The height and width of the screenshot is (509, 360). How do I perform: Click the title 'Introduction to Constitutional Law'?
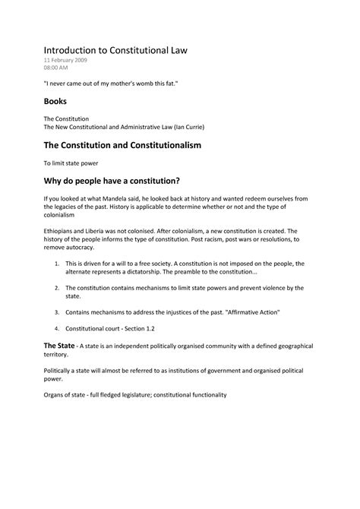[114, 49]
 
